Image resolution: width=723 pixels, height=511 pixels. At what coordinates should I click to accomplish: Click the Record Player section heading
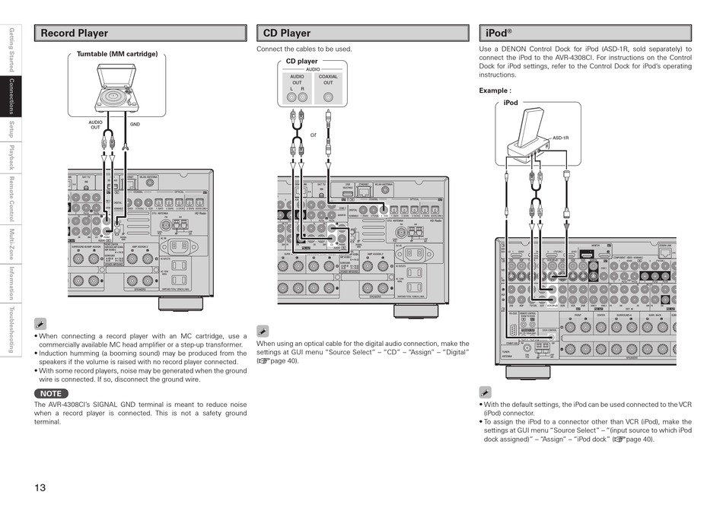pos(75,33)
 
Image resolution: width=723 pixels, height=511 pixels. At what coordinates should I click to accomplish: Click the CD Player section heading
pos(287,33)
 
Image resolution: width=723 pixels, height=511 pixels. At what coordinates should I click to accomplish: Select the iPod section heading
pos(499,33)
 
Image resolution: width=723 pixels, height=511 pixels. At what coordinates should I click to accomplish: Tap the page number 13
pos(41,487)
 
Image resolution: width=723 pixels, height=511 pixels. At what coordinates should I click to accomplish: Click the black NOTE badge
pos(50,393)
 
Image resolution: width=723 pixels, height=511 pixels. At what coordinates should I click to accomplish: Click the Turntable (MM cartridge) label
pos(117,54)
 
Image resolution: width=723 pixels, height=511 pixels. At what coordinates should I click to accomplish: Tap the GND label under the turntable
pos(135,124)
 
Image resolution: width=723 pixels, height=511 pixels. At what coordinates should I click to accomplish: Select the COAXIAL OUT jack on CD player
pos(328,97)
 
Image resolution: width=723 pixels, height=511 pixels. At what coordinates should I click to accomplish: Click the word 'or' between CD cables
pos(313,135)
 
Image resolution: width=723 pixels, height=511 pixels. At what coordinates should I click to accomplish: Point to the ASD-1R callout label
pos(560,138)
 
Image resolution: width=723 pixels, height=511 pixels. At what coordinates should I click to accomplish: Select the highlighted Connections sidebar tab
pos(11,97)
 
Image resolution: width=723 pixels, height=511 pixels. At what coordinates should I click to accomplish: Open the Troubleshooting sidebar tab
pos(11,330)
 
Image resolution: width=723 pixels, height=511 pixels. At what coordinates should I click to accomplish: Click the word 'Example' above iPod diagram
pos(494,90)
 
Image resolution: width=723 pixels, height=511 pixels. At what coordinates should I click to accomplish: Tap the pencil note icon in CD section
pos(263,331)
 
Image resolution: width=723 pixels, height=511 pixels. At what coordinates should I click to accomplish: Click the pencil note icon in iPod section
pos(485,392)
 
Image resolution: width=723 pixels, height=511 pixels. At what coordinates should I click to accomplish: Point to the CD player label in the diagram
pos(301,62)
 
